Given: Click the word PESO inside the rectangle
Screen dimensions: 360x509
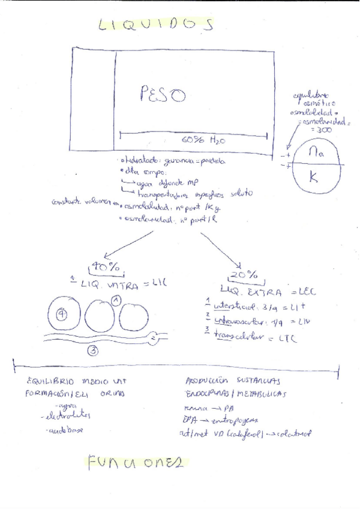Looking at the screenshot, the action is click(162, 95).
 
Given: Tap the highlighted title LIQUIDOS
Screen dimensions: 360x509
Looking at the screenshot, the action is click(155, 24).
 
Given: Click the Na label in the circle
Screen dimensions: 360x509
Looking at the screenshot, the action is click(316, 152).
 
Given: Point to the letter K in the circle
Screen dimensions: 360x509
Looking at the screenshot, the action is click(314, 176).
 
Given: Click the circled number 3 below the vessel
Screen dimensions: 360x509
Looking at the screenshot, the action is click(93, 352).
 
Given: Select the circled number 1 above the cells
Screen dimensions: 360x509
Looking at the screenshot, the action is click(116, 299).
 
